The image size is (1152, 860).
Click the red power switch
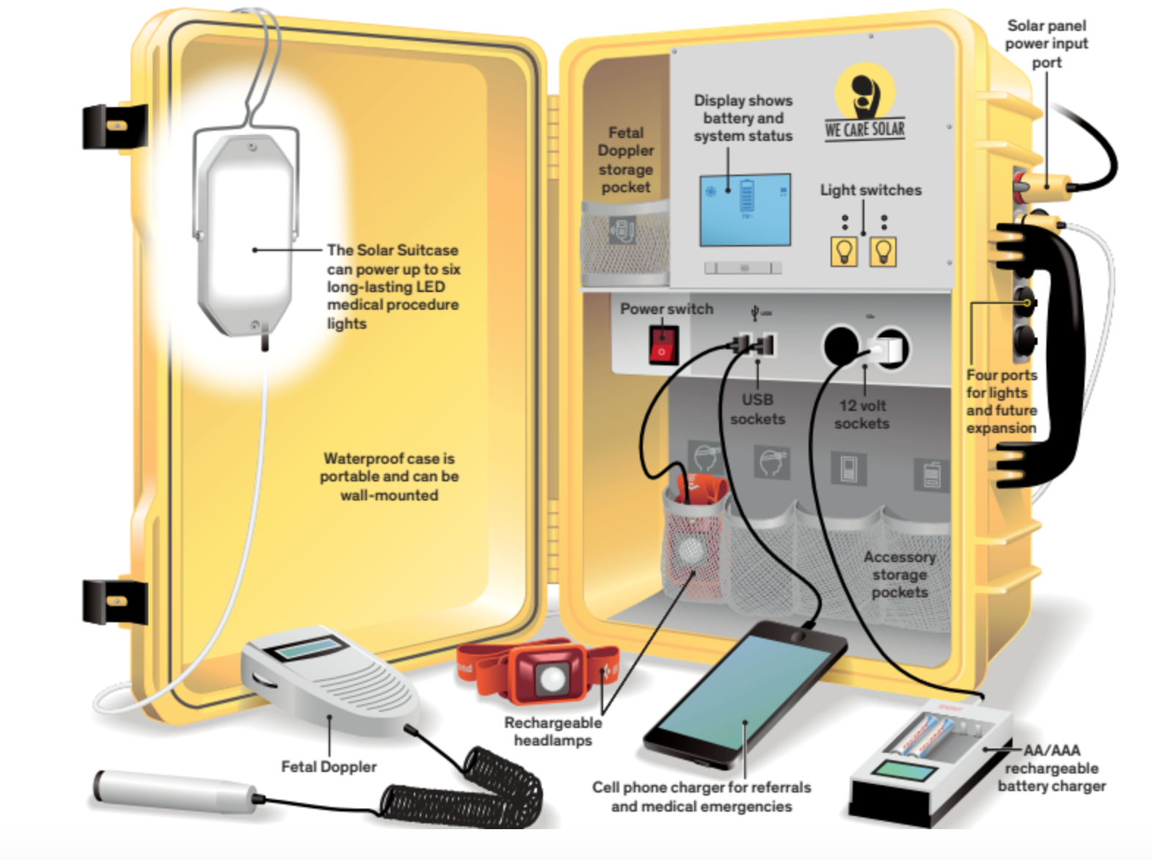point(663,344)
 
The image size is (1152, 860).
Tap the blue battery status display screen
point(745,210)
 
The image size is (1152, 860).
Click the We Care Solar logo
point(864,103)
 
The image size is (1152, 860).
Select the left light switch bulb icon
point(844,252)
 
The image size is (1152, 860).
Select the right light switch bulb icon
point(883,252)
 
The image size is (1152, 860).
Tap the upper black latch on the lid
point(114,125)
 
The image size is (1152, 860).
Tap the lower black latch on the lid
point(114,601)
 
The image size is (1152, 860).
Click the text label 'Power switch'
point(666,309)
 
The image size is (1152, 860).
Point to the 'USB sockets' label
point(757,409)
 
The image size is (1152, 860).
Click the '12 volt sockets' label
point(862,415)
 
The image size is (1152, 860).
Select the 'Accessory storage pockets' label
point(900,575)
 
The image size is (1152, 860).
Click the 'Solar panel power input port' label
point(1046,44)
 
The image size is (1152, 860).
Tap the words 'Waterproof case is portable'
point(389,467)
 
